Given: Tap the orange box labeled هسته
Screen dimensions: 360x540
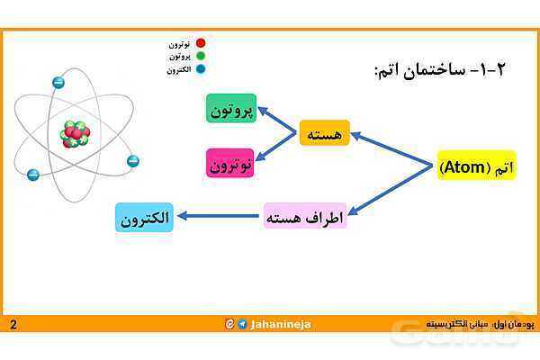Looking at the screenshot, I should pos(324,134).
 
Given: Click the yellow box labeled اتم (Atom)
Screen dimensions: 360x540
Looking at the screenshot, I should pos(476,166).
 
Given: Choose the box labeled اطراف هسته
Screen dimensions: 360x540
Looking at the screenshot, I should pos(305,217).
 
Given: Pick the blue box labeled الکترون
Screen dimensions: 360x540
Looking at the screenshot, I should pos(144,218).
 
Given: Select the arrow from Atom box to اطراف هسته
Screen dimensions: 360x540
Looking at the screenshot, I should pos(392,192).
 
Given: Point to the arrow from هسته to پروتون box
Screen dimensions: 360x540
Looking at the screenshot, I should pos(278,121).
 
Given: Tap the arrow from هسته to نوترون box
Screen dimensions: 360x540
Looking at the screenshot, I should pos(278,148).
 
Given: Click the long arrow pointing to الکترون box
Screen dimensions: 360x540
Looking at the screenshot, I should pos(220,217).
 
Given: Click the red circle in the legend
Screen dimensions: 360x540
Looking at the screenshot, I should pos(201,43).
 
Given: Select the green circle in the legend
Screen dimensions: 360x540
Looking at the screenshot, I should pos(201,56).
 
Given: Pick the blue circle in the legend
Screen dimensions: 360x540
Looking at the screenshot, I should pos(201,68).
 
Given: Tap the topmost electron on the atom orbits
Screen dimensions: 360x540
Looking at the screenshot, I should pos(58,83).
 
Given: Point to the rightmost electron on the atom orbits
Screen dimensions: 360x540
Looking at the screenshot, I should pos(133,161).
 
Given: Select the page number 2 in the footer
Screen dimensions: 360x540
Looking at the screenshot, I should pos(13,324).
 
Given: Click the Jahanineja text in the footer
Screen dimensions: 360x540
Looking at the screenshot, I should pos(281,324).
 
